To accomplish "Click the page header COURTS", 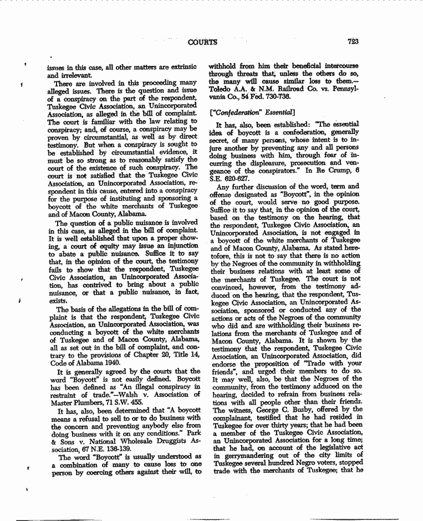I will (203, 42).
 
